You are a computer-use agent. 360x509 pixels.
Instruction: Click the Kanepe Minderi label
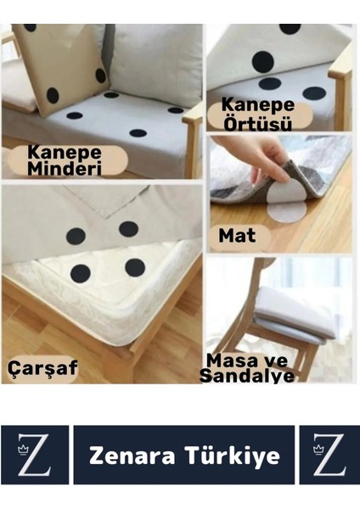(x=65, y=160)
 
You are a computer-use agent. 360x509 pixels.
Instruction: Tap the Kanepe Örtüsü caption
(x=257, y=115)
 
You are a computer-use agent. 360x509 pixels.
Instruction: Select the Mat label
(x=237, y=235)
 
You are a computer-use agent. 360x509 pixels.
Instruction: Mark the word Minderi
(x=66, y=168)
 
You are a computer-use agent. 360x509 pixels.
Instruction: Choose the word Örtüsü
(x=257, y=123)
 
